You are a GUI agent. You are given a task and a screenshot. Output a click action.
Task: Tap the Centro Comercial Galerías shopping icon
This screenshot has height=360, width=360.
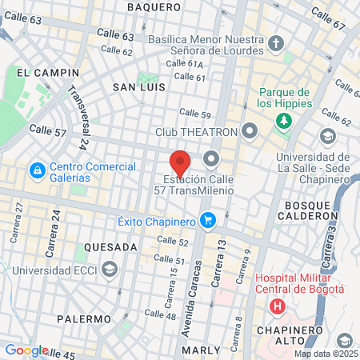pos(37,170)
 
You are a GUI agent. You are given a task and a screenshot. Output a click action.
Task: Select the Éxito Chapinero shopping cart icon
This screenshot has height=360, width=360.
pos(208,218)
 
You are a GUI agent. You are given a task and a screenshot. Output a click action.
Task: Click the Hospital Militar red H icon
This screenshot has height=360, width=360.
pos(278,306)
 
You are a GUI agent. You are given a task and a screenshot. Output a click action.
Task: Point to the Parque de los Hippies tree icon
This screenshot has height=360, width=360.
pos(283,122)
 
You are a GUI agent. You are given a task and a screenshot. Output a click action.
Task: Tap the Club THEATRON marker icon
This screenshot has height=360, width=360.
pos(251,130)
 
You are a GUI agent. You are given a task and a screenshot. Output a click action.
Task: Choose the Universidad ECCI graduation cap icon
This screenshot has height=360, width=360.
pos(110,268)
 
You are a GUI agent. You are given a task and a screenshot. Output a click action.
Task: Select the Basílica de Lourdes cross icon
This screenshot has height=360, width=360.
pos(276,42)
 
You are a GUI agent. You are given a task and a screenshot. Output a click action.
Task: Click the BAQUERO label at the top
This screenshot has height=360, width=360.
pos(154,7)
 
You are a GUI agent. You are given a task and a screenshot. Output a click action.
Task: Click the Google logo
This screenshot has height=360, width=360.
pos(26,350)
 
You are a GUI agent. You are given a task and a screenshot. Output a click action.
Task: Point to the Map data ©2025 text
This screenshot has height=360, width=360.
pos(326,354)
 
